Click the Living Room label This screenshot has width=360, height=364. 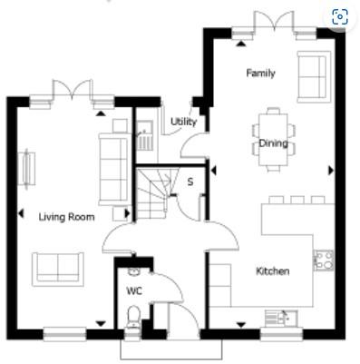66,217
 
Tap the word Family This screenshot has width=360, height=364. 260,74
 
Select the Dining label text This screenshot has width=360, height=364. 274,143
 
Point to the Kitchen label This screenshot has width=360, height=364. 273,271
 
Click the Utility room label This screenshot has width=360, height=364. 183,122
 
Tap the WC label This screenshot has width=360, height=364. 134,291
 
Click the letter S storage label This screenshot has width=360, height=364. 190,182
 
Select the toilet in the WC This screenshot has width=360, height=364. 133,317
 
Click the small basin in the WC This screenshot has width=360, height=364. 133,271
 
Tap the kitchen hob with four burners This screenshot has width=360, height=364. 324,260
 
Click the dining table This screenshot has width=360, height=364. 274,140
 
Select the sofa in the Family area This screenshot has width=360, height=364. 314,77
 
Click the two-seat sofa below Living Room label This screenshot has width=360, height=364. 58,270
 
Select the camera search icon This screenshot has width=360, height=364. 340,16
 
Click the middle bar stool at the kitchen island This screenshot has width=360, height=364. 297,200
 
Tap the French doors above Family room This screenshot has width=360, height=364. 275,23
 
